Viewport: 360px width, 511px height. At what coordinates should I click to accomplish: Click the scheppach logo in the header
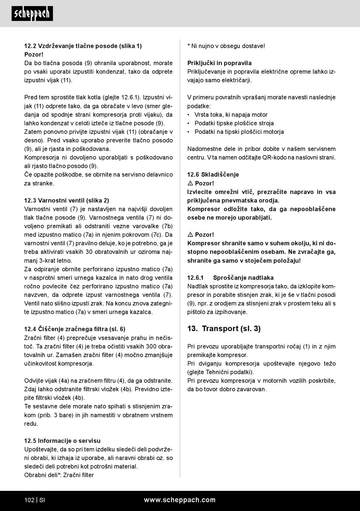(x=32, y=14)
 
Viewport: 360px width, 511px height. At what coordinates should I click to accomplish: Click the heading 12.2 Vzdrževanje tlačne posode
(x=83, y=46)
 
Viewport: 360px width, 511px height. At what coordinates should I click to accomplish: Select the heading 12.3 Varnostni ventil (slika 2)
(x=67, y=201)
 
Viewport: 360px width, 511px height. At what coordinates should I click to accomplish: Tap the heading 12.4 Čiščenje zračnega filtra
(x=75, y=329)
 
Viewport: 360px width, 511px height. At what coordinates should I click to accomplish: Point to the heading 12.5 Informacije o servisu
(x=63, y=440)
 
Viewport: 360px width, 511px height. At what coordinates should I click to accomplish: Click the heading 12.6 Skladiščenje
(x=213, y=175)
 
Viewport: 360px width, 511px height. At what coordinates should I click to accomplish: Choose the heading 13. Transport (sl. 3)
(x=224, y=329)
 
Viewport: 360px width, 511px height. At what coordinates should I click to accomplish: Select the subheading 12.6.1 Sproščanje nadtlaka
(x=230, y=278)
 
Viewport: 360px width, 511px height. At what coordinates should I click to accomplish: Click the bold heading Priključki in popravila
(x=219, y=63)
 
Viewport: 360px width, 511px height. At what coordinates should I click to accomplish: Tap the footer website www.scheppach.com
(x=180, y=500)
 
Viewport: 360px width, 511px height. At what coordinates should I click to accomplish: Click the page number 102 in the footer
(x=29, y=500)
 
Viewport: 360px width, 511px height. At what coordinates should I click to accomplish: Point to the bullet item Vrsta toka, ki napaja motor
(x=231, y=115)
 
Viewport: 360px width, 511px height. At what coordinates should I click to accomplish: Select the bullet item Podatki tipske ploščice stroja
(x=234, y=123)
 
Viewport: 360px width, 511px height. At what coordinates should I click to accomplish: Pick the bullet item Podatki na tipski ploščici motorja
(x=239, y=132)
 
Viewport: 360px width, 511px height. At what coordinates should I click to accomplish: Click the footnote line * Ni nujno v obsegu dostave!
(x=226, y=46)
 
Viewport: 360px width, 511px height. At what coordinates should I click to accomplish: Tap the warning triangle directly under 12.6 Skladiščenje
(x=190, y=183)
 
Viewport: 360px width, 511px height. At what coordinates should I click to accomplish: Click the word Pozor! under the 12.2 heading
(x=34, y=55)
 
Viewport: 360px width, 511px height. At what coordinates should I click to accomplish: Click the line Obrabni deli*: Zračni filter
(x=59, y=475)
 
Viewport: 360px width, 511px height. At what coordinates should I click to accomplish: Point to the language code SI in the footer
(x=42, y=500)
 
